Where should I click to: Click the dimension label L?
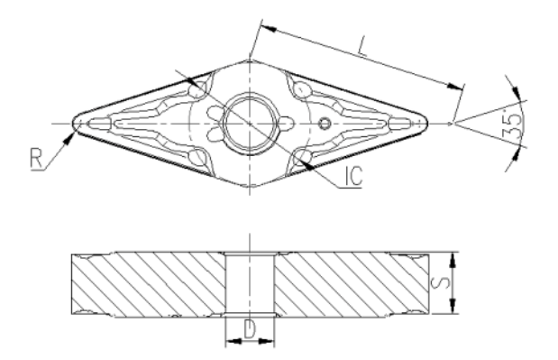[x=362, y=47]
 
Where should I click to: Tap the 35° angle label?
[x=513, y=125]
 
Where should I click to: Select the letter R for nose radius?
[x=36, y=159]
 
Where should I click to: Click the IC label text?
[x=353, y=175]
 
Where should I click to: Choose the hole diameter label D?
[x=250, y=329]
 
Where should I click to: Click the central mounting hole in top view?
[x=250, y=124]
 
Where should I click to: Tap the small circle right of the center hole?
[x=325, y=124]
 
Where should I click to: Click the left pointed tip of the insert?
[x=73, y=124]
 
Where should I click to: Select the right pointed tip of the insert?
[x=426, y=124]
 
